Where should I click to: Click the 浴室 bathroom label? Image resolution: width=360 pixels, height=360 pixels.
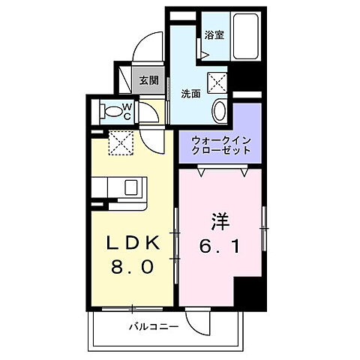(214, 34)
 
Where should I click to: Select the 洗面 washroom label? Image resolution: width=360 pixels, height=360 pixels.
(190, 94)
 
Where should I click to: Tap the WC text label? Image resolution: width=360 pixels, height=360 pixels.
(127, 112)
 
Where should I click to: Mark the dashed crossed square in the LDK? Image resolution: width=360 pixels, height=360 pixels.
(119, 142)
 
